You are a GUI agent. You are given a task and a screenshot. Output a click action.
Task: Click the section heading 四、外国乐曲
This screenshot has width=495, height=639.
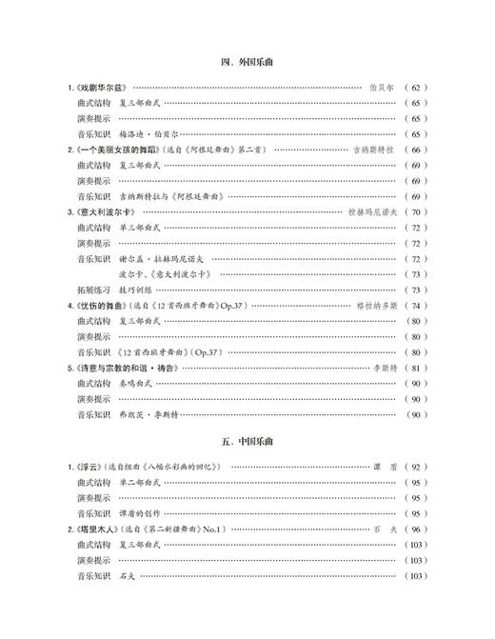click(x=247, y=63)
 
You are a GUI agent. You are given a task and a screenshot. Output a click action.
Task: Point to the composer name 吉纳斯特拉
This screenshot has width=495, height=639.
click(x=374, y=150)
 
